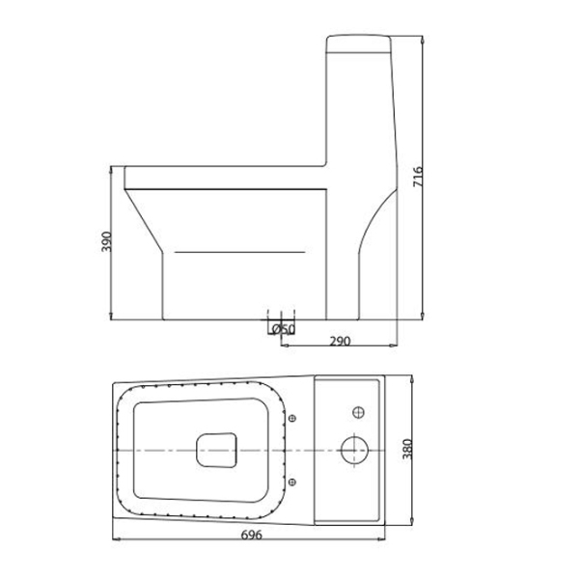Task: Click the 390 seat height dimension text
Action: point(108,242)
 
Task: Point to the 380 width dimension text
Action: point(418,449)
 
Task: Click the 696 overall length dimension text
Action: point(251,533)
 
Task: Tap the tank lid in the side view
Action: point(360,43)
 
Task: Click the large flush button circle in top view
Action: point(354,450)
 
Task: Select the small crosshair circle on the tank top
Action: point(358,413)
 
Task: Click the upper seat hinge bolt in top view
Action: point(292,418)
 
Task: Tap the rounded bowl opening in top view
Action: point(216,449)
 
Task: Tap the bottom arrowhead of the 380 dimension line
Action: point(410,526)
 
